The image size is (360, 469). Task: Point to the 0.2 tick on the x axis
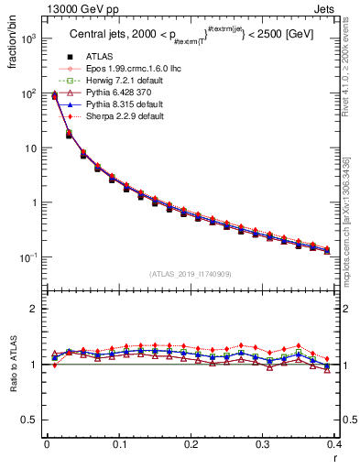point(191,444)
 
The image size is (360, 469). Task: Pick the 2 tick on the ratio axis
point(37,309)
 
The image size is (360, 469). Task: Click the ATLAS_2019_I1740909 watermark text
point(191,274)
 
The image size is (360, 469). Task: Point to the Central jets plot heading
point(190,37)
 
